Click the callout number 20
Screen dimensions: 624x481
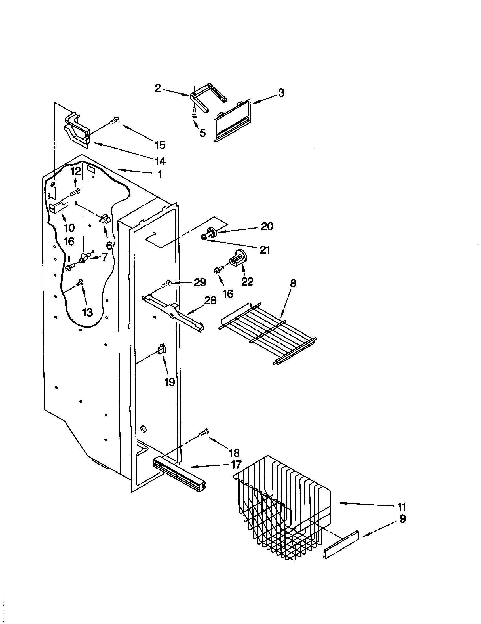pos(267,227)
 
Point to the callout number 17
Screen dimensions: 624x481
pos(236,465)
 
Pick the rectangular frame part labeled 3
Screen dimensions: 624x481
pos(232,120)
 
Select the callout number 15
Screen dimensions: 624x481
pos(160,145)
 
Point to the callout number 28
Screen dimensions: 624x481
pos(210,301)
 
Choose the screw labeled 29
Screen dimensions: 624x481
pos(166,284)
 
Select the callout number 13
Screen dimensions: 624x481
pos(87,313)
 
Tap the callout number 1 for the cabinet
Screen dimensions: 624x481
pos(160,174)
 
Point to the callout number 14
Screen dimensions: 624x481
pos(160,161)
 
